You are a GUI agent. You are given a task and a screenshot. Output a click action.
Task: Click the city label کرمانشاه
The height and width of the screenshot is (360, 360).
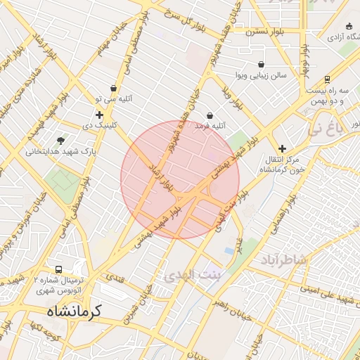pyautogui.click(x=75, y=310)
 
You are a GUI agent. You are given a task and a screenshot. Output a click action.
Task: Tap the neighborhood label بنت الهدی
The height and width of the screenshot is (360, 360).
pyautogui.click(x=192, y=276)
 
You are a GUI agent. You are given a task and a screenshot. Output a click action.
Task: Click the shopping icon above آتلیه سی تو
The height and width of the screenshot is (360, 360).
pyautogui.click(x=113, y=88)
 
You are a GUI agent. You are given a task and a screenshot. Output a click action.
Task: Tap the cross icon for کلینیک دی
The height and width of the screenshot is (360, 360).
pyautogui.click(x=99, y=115)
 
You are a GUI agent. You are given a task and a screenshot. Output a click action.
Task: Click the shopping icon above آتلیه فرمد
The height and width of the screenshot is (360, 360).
pyautogui.click(x=210, y=115)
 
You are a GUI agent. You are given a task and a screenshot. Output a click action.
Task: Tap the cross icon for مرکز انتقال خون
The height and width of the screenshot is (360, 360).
pyautogui.click(x=282, y=148)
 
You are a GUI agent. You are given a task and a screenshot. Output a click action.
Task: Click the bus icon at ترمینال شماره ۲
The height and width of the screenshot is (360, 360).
pyautogui.click(x=58, y=269)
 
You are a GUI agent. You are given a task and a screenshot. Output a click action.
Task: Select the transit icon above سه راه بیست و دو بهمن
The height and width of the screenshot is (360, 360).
pyautogui.click(x=328, y=80)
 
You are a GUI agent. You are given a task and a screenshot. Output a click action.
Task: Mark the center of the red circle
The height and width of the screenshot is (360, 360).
pyautogui.click(x=180, y=179)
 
